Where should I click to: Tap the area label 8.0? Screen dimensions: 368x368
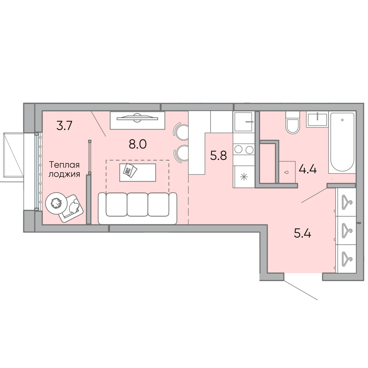click(138, 144)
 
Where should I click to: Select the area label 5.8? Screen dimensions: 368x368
click(219, 156)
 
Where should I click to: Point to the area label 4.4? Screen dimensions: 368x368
click(308, 169)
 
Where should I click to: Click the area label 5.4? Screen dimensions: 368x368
click(302, 234)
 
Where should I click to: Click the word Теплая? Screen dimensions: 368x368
click(64, 165)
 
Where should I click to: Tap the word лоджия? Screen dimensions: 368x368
click(64, 174)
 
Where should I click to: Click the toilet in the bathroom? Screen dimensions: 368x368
click(293, 123)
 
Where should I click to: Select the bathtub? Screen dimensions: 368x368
click(342, 143)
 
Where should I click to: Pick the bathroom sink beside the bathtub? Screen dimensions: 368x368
click(317, 120)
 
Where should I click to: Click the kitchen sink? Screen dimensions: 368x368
click(244, 121)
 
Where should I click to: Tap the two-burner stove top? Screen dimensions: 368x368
click(244, 149)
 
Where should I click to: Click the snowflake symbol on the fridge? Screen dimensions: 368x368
click(244, 177)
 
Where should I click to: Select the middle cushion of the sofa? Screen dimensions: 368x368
click(137, 204)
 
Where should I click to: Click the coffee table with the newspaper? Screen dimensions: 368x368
click(138, 173)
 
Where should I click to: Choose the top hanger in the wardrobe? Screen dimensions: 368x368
click(346, 202)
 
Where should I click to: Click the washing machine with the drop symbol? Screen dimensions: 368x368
click(287, 172)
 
